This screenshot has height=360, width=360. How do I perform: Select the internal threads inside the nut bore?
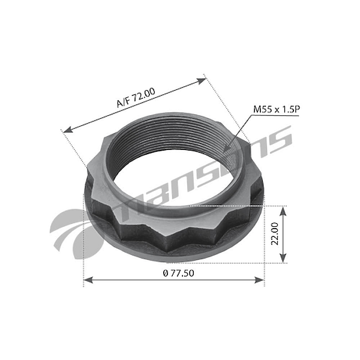180,144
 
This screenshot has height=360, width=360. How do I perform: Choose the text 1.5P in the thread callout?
286,109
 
